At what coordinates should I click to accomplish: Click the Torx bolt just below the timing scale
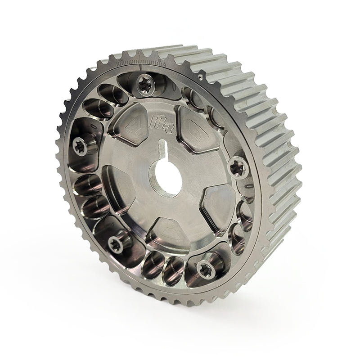pyautogui.click(x=145, y=85)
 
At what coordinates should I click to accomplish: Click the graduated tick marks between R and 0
pyautogui.click(x=130, y=62)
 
